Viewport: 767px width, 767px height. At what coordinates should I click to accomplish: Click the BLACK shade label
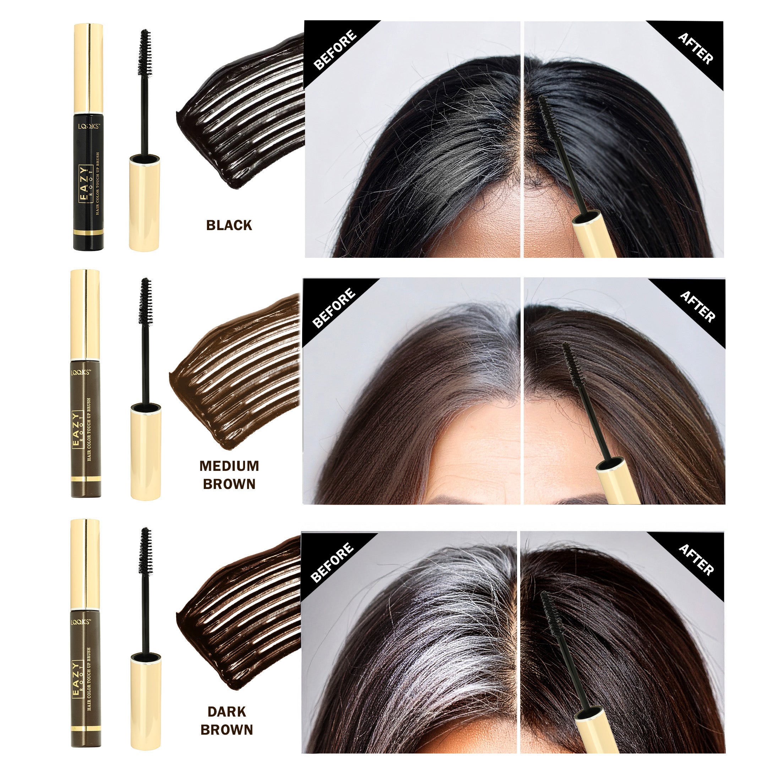tap(229, 225)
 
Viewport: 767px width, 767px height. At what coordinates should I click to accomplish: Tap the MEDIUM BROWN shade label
tap(229, 475)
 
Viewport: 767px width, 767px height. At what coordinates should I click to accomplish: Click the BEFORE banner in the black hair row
tap(334, 50)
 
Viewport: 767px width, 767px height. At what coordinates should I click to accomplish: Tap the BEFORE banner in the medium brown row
tap(333, 308)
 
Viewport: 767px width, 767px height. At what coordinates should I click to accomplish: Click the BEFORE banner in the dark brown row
tap(332, 562)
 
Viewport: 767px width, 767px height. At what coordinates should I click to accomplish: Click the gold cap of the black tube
tap(88, 67)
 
